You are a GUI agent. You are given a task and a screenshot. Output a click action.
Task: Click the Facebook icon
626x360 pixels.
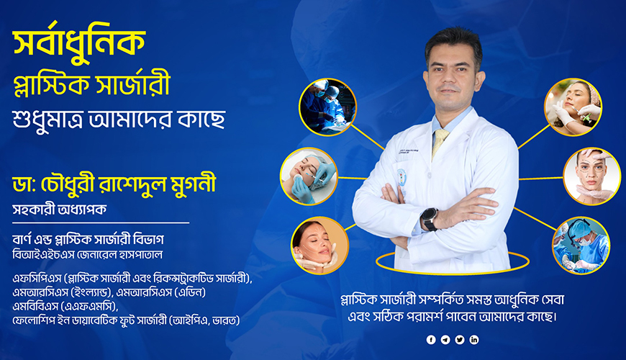click(431, 340)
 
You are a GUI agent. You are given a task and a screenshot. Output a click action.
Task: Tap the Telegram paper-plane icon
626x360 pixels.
click(445, 340)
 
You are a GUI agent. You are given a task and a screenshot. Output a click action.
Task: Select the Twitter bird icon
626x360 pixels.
click(460, 340)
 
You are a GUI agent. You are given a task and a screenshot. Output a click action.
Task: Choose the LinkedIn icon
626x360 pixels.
click(474, 340)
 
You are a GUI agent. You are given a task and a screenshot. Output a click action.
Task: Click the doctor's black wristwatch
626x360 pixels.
click(429, 219)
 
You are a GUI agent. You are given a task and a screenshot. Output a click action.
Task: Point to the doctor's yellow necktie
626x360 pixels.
click(440, 142)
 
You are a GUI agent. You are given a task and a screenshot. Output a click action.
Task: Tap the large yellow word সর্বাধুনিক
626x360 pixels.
click(79, 42)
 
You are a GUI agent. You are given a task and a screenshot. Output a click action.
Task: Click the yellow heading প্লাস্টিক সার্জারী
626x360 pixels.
click(92, 84)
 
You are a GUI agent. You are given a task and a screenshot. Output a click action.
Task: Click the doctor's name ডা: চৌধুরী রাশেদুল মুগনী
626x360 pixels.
click(114, 184)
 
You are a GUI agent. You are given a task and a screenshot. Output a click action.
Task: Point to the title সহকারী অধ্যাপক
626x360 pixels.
click(60, 210)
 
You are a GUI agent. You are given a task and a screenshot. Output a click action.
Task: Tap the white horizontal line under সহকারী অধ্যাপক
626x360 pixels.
click(101, 222)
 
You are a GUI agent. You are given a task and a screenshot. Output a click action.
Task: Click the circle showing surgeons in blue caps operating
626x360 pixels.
click(328, 107)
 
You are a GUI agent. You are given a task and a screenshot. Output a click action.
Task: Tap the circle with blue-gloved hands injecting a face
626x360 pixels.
click(309, 176)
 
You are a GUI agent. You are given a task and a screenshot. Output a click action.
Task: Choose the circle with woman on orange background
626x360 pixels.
click(319, 246)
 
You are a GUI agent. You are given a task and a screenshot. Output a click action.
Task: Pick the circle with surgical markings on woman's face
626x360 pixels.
click(592, 176)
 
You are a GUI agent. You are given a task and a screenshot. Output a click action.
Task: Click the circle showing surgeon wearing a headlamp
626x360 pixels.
click(581, 246)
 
